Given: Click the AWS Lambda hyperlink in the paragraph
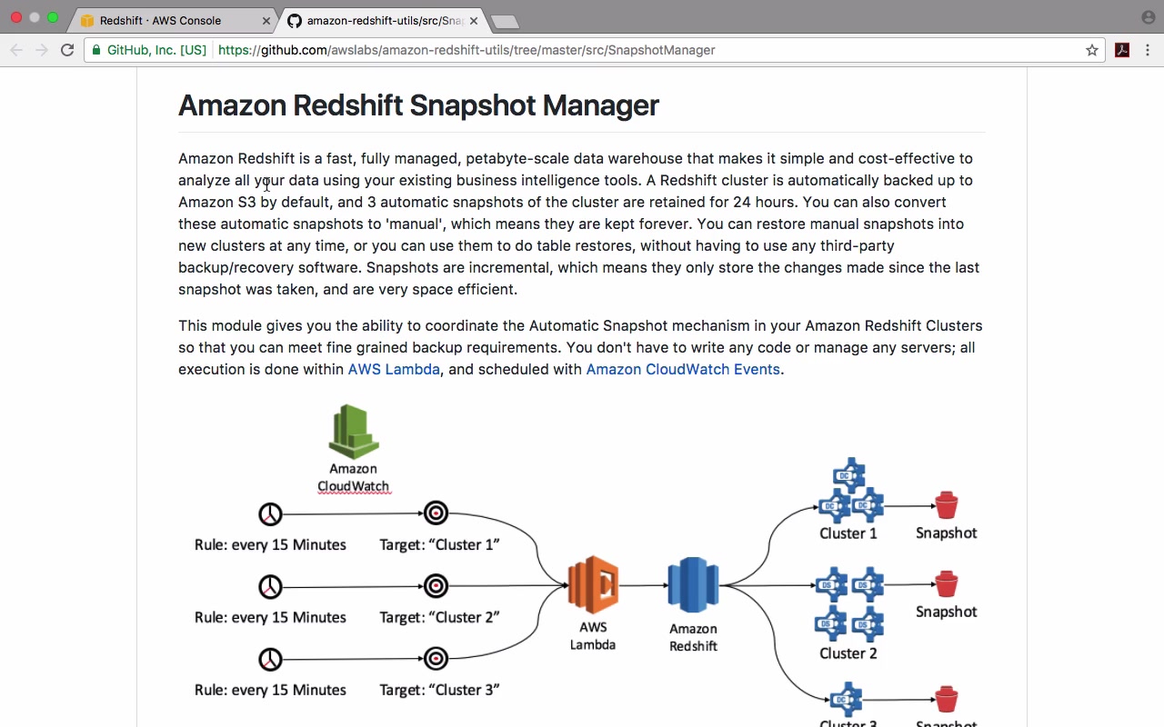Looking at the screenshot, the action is (394, 369).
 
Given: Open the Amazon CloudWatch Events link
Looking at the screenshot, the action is (683, 369).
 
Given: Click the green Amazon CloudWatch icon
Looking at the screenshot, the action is (354, 432).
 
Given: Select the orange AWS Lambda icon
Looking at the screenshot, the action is (593, 584).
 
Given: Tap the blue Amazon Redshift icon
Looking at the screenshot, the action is (693, 584).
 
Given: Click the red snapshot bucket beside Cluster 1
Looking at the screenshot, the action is (947, 505).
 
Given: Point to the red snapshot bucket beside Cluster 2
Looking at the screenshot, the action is (947, 584).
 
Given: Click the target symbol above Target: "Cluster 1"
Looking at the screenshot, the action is (436, 513).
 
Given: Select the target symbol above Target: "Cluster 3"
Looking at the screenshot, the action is (436, 659).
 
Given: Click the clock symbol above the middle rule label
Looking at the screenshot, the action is (270, 587).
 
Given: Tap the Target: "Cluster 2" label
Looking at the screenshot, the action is (439, 617).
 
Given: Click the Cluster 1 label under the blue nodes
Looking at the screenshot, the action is (848, 533).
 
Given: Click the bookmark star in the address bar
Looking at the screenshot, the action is (1092, 50).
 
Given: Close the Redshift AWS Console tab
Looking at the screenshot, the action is (266, 21).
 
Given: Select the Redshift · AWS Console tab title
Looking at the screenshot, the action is (160, 21).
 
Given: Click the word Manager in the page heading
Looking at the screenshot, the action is (601, 105).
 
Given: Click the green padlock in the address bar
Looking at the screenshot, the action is (96, 50).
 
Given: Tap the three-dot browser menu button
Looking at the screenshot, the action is (1148, 50).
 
